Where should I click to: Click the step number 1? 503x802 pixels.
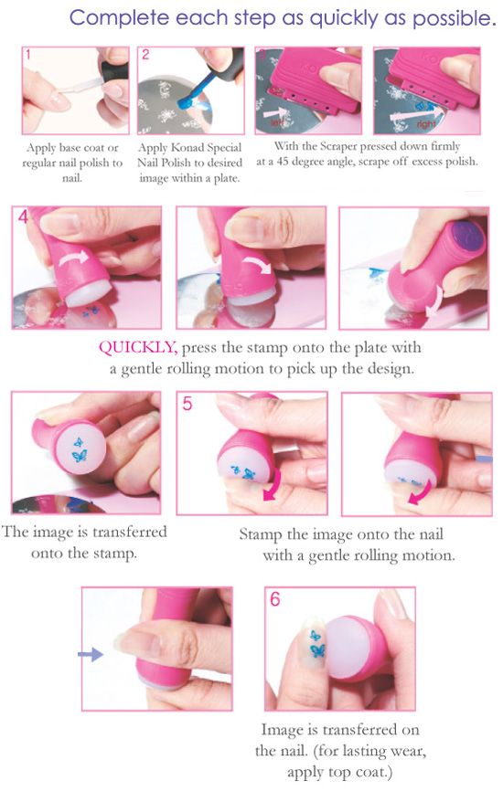[29, 55]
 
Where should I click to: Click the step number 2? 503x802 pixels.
[145, 55]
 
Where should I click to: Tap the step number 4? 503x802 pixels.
[22, 219]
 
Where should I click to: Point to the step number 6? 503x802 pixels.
[276, 600]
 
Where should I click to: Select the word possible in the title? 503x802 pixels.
[451, 17]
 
